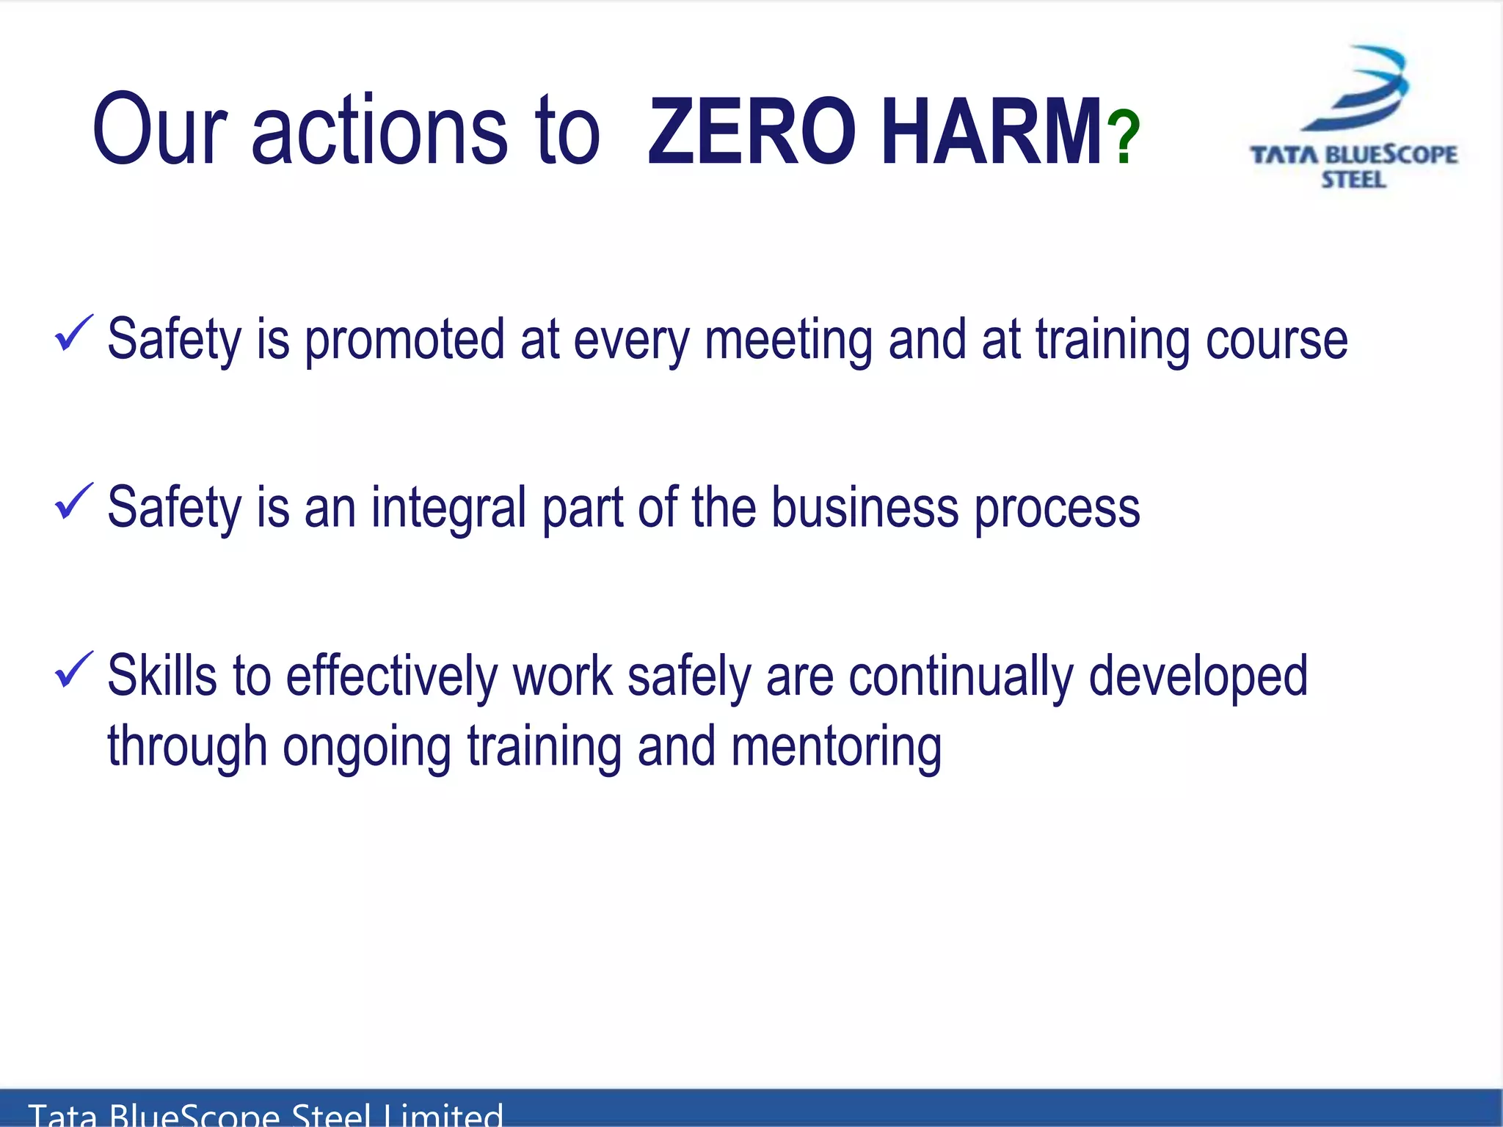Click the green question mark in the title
click(x=1123, y=137)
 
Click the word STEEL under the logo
click(x=1353, y=180)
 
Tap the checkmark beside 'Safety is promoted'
click(x=73, y=334)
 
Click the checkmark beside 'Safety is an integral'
click(x=73, y=503)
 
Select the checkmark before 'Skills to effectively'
click(x=73, y=671)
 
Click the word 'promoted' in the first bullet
click(x=404, y=341)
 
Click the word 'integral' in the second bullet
click(x=448, y=508)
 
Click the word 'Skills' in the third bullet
click(x=162, y=675)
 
